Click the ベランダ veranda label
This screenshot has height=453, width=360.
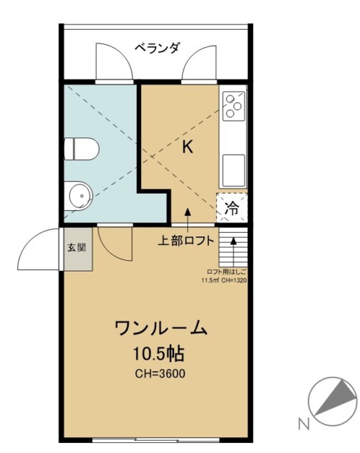pos(158,48)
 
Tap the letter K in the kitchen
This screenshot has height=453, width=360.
pos(187,147)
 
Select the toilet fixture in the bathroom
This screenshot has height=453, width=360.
pos(81,149)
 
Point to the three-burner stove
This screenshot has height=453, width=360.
pos(233,106)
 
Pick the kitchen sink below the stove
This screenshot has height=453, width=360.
pos(234,170)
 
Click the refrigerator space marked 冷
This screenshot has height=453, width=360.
pos(232,207)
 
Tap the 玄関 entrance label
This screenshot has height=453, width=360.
pos(76,247)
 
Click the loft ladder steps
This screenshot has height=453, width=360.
pos(233,247)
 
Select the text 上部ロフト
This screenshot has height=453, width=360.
pos(185,240)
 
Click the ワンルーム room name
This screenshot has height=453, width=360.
pos(161,328)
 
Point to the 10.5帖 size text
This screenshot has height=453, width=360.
pos(158,354)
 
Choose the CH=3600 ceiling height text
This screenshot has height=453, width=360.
pos(160,374)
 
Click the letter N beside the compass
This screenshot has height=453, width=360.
pos(304,425)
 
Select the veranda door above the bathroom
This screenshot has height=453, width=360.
pos(114,61)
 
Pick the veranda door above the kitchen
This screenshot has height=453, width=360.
pos(199,62)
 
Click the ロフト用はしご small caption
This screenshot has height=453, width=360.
pos(227,272)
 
